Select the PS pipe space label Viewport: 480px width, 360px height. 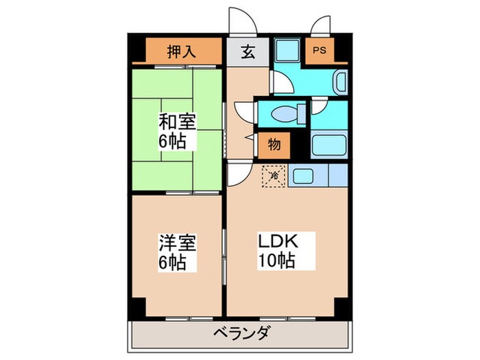pyautogui.click(x=319, y=51)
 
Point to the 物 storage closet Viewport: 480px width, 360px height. pyautogui.click(x=274, y=145)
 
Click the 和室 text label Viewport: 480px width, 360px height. pyautogui.click(x=178, y=123)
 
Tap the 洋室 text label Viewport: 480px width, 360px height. pyautogui.click(x=177, y=243)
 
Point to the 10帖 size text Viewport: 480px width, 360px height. pyautogui.click(x=276, y=261)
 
